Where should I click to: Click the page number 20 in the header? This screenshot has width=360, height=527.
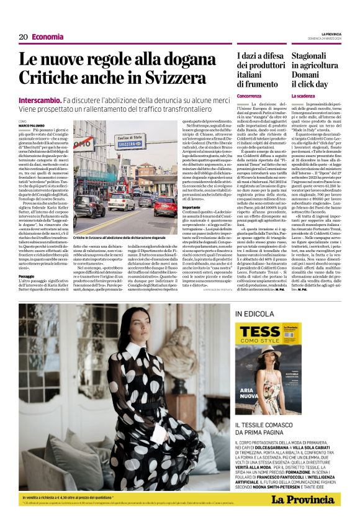click(23, 37)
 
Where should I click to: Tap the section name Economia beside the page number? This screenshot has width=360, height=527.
click(47, 37)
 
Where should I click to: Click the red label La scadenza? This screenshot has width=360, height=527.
click(304, 96)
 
